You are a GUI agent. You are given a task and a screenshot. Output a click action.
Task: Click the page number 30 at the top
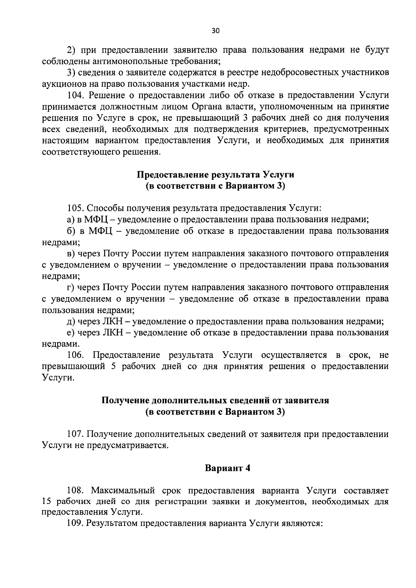pos(215,31)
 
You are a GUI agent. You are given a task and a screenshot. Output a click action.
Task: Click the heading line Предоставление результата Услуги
pos(215,174)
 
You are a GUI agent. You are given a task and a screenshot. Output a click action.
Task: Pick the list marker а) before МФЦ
pos(71,220)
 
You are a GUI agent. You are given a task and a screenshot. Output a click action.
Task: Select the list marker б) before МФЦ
pos(71,231)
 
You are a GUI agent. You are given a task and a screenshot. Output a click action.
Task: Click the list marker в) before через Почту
pos(71,254)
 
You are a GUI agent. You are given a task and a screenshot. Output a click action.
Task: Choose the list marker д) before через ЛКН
pos(71,321)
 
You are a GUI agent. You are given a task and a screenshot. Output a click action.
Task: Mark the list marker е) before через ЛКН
pos(71,333)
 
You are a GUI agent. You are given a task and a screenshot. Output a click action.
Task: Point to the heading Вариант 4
pos(227,468)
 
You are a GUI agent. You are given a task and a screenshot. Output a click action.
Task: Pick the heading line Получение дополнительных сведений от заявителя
pos(215,400)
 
